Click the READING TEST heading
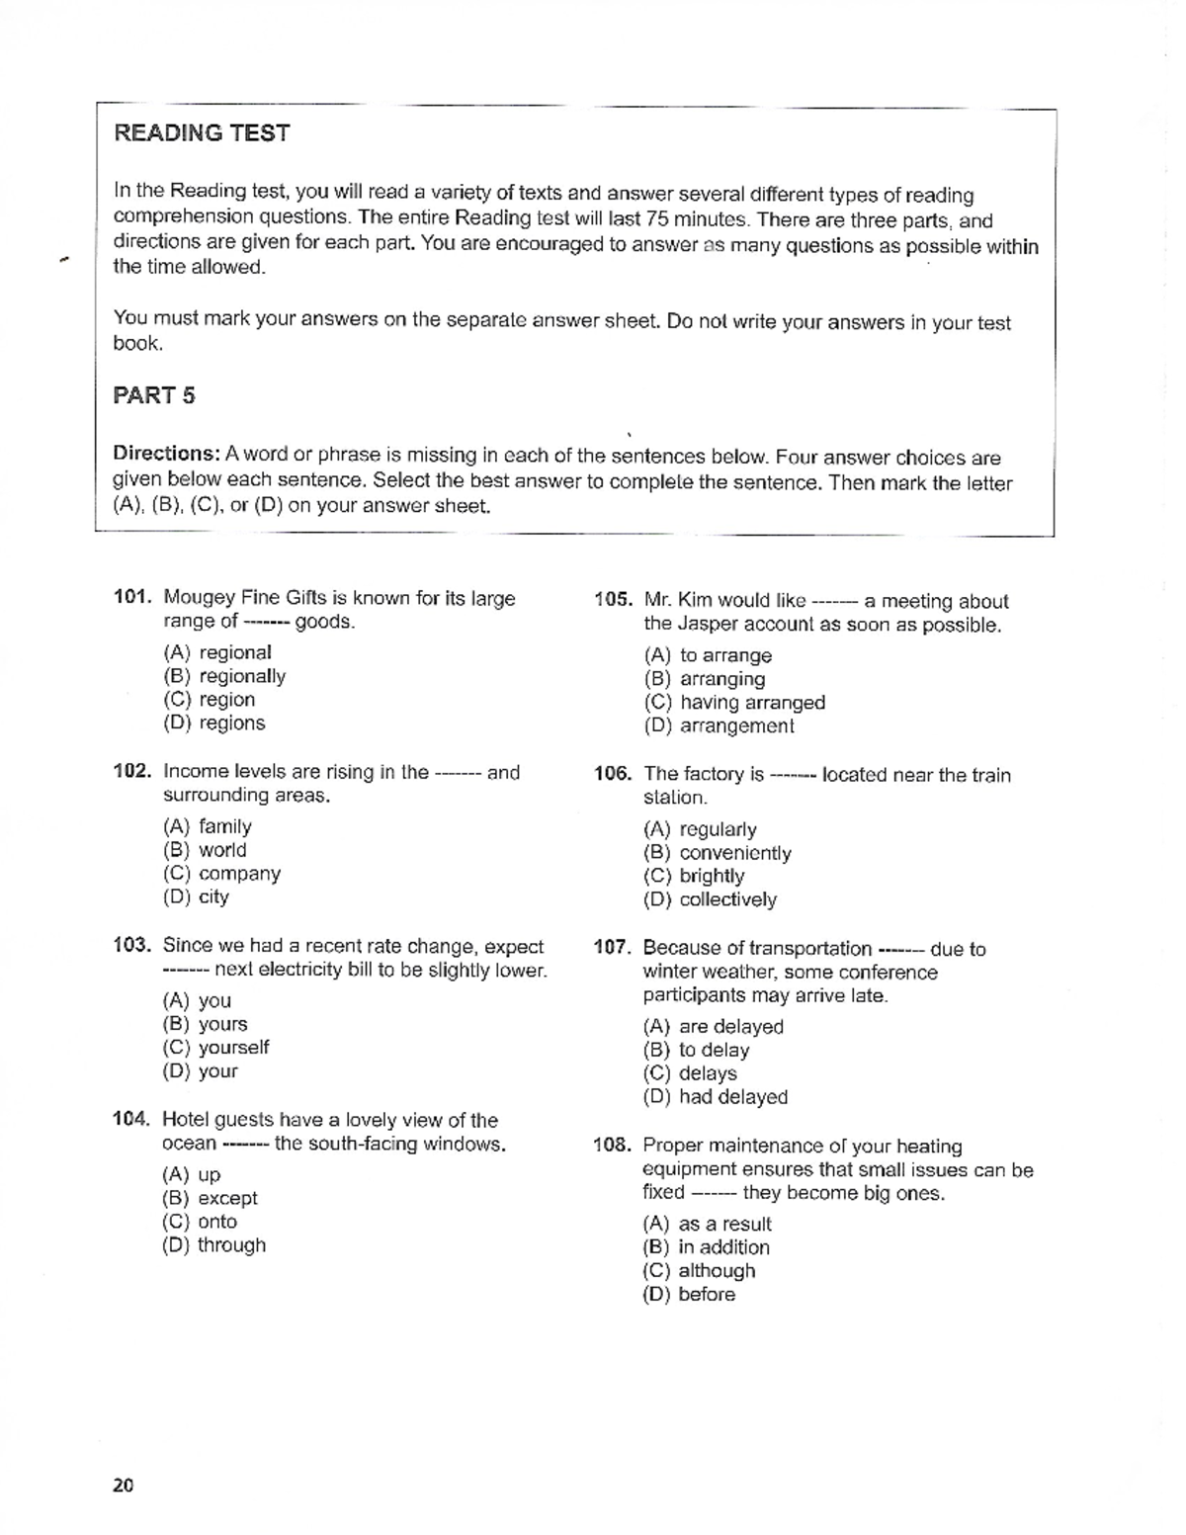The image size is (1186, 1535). point(202,133)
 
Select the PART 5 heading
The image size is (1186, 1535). point(154,395)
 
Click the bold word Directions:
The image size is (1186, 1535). point(166,454)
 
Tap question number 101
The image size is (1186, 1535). point(131,597)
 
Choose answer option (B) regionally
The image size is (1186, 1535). point(224,676)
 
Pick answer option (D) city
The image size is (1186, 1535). point(196,897)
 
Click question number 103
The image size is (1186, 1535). point(131,946)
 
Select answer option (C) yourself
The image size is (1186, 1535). point(215,1048)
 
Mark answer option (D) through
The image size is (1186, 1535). point(213,1245)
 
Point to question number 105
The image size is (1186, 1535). point(613,600)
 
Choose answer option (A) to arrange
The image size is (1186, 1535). point(708,655)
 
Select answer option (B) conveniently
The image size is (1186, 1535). point(718,853)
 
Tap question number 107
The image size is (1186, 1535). point(612,948)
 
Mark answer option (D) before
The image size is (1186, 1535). point(689,1295)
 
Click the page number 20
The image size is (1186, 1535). point(124,1485)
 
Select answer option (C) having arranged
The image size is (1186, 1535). point(734,703)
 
